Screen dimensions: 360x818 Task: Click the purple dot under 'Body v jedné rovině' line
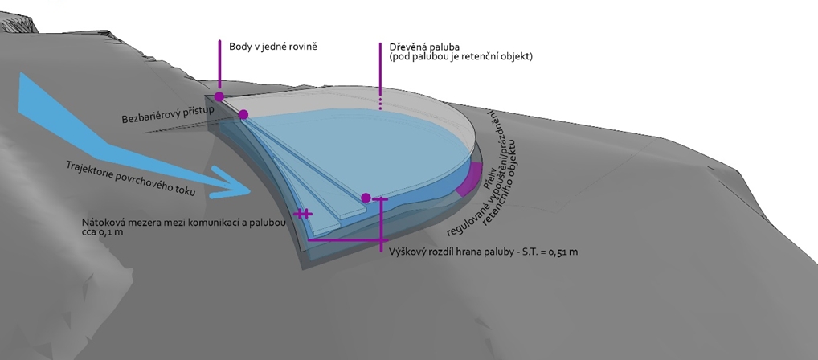(x=219, y=96)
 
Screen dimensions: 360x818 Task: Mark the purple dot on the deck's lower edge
(x=366, y=197)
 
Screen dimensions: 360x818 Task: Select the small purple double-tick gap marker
(x=302, y=214)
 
